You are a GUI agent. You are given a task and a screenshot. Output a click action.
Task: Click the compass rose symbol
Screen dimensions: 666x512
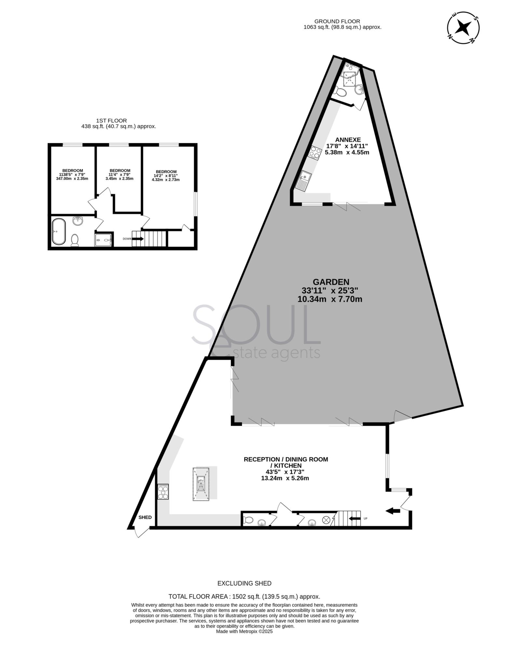463,28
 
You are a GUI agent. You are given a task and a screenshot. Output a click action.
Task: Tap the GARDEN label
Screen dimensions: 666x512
331,282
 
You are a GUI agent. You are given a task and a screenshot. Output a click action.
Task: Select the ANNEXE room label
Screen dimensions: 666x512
348,140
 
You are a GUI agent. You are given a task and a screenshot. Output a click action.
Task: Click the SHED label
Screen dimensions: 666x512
145,517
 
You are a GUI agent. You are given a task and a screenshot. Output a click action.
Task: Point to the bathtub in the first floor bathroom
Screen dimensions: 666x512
59,232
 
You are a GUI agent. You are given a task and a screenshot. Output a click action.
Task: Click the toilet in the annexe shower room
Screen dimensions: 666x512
341,92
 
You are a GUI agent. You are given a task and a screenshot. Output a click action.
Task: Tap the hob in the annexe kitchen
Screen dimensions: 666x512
315,153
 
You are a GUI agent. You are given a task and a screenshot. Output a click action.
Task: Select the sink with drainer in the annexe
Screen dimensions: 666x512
304,181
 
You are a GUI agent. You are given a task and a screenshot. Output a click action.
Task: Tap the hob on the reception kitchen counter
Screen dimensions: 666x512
163,492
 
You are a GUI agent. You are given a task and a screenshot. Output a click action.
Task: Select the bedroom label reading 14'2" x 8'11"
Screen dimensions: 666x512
166,176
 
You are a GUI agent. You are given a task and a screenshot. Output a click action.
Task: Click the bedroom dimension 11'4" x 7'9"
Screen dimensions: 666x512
120,175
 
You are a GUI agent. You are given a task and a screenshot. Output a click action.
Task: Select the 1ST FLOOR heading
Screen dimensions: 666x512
112,121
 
